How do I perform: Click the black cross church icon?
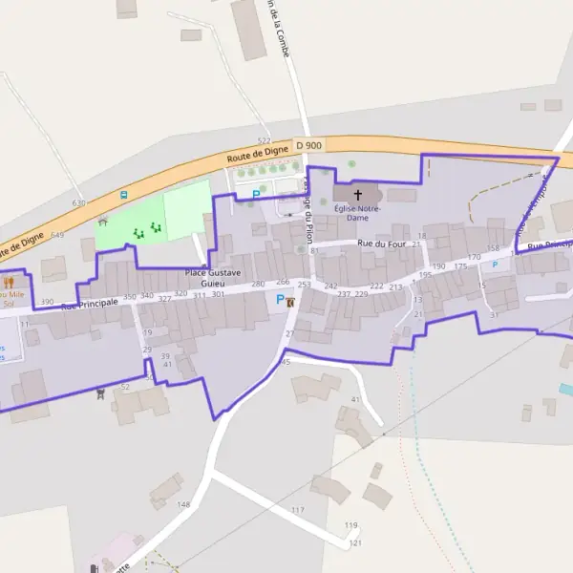(x=358, y=194)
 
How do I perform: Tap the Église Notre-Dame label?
(x=357, y=213)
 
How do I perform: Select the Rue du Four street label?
(x=381, y=244)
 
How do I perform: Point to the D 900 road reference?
(x=309, y=144)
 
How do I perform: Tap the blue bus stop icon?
(x=123, y=195)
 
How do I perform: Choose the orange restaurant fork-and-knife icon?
(x=10, y=283)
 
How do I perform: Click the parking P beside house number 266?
(x=280, y=299)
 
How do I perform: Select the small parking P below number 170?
(x=495, y=265)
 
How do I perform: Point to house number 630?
(x=78, y=203)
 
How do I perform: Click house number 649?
(x=57, y=235)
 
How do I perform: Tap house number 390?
(x=47, y=303)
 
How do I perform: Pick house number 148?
(x=183, y=504)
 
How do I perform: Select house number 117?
(x=298, y=511)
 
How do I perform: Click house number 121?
(x=355, y=542)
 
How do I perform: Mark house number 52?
(x=125, y=387)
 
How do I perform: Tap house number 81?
(x=314, y=251)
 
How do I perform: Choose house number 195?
(x=425, y=275)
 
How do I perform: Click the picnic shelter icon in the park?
(x=102, y=221)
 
